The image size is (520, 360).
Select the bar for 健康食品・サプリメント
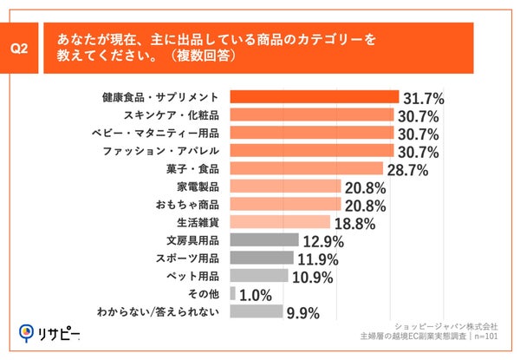tap(315, 97)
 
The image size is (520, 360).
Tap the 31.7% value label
tap(424, 98)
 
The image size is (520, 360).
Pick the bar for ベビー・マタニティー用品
tap(313, 133)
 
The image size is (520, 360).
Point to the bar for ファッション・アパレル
tap(313, 151)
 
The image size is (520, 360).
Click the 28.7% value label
tap(408, 169)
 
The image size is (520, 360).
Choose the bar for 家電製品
tap(286, 187)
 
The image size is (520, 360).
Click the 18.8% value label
tap(355, 224)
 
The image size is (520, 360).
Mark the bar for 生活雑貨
tap(281, 222)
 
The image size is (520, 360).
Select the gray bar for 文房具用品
tap(265, 240)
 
